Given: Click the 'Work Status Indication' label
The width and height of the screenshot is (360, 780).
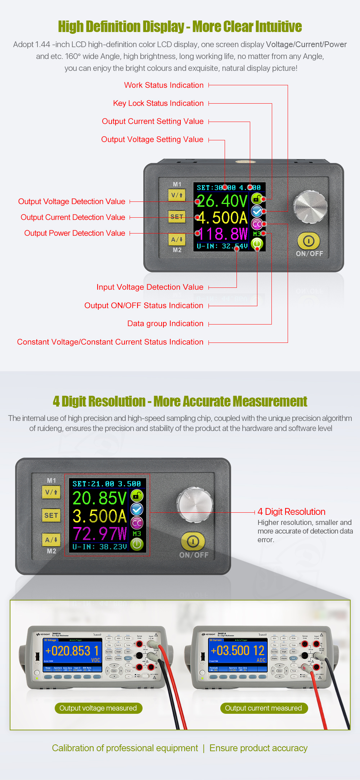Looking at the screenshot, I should coord(164,85).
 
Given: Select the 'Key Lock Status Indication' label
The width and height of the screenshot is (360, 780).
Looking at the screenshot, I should coord(158,103).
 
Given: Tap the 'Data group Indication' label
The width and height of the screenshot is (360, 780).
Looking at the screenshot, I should coord(165,323).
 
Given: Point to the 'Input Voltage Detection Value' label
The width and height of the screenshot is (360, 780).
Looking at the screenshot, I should coord(150,287).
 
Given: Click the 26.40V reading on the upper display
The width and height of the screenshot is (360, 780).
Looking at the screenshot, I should coord(222,201).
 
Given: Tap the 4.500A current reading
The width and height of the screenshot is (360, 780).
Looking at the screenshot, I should coord(222,218).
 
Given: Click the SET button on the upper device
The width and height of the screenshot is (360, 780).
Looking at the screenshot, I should coord(177,217).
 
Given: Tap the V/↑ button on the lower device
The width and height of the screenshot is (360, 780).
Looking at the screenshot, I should coord(51,492).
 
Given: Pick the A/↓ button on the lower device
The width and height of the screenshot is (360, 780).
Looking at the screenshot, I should coord(51,540).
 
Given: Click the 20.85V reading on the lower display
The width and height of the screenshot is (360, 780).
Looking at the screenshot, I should coord(99,498).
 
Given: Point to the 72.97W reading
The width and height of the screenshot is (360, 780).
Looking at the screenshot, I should coord(100,534).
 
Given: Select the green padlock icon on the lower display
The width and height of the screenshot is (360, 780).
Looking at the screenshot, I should coord(137,496).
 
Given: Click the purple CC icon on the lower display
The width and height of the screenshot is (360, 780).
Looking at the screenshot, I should coord(137,523).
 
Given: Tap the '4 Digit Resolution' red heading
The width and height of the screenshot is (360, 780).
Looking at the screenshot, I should coord(291,512).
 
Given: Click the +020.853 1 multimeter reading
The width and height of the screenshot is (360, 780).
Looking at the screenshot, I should coord(72,651).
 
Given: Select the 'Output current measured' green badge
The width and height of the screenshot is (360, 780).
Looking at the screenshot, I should coord(264,708).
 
